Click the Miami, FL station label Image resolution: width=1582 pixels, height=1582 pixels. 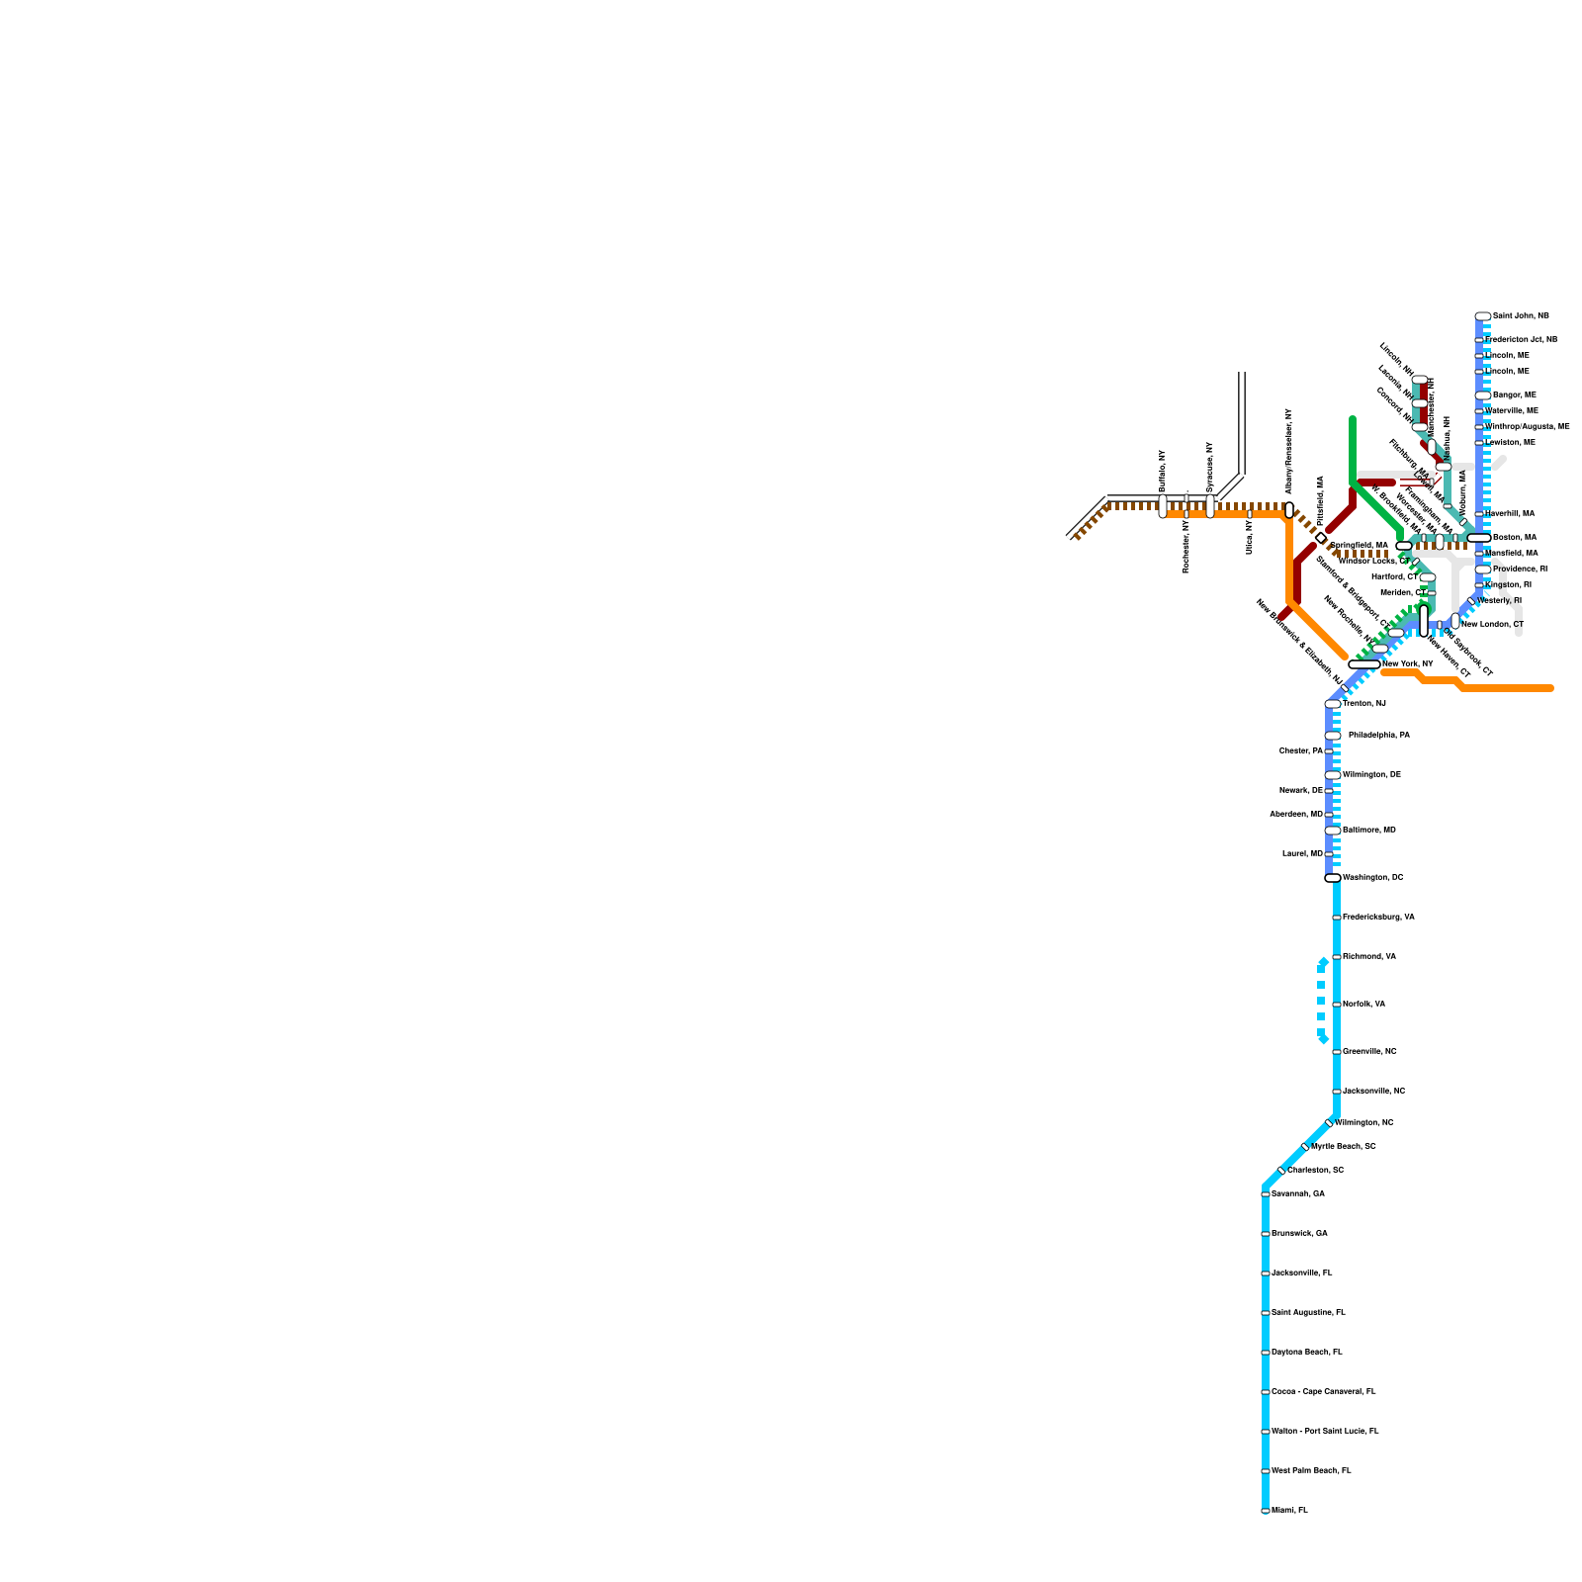tap(1289, 1510)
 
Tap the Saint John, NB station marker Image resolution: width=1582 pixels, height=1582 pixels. tap(1482, 316)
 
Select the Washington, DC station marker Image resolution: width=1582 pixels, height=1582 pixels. tap(1333, 878)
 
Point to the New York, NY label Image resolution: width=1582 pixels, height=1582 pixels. tap(1407, 663)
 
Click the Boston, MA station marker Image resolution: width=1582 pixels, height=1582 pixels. tap(1478, 538)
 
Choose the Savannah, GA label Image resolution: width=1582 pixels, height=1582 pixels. tap(1297, 1193)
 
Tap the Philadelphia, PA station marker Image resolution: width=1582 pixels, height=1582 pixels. tap(1333, 736)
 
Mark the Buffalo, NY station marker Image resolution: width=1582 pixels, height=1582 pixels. tap(1163, 506)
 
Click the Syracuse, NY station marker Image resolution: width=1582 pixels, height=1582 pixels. tap(1210, 506)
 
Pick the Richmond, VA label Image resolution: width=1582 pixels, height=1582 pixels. tap(1369, 956)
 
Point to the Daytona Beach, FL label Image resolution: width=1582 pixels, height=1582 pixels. tap(1306, 1352)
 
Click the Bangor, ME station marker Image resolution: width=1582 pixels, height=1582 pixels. tap(1482, 395)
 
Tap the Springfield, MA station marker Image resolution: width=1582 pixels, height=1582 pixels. tap(1404, 546)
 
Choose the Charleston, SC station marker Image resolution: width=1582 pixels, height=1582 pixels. tap(1281, 1171)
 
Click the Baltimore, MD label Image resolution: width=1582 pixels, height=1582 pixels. tap(1369, 830)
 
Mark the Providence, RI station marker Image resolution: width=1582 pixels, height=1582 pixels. tap(1482, 570)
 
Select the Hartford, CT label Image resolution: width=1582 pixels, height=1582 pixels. tap(1395, 576)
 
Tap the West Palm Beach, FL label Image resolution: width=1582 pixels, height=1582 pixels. tap(1311, 1470)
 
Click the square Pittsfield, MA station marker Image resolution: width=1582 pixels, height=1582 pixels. tap(1321, 538)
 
